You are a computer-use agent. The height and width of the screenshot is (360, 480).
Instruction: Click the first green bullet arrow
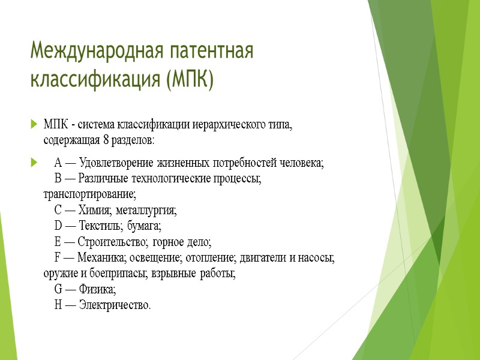(x=32, y=125)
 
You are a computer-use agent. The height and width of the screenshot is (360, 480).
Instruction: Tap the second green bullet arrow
(x=32, y=163)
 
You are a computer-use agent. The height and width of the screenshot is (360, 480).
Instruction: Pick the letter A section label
(x=58, y=163)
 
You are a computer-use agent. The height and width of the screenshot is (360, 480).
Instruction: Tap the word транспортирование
(x=90, y=194)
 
